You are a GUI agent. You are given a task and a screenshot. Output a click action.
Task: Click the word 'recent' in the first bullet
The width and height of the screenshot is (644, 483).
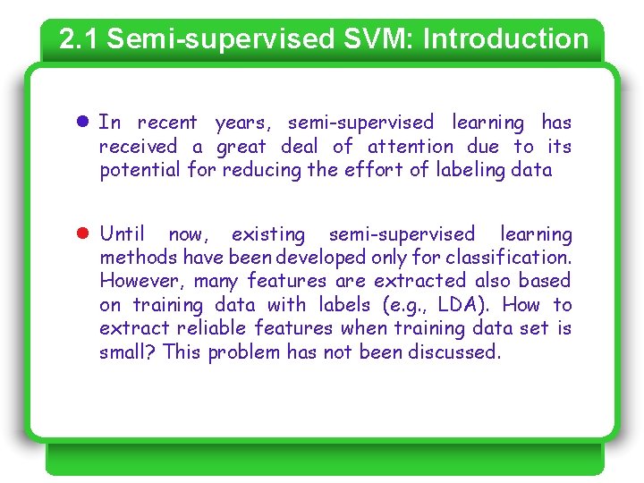(x=167, y=123)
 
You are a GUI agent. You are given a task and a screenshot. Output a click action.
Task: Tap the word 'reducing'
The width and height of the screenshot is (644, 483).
(x=261, y=170)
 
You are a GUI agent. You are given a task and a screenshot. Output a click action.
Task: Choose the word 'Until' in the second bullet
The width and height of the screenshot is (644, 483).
(x=122, y=234)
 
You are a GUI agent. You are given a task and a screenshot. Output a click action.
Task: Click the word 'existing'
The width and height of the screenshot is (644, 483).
(x=268, y=234)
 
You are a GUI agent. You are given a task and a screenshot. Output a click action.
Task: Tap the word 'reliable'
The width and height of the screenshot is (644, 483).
(x=212, y=328)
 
